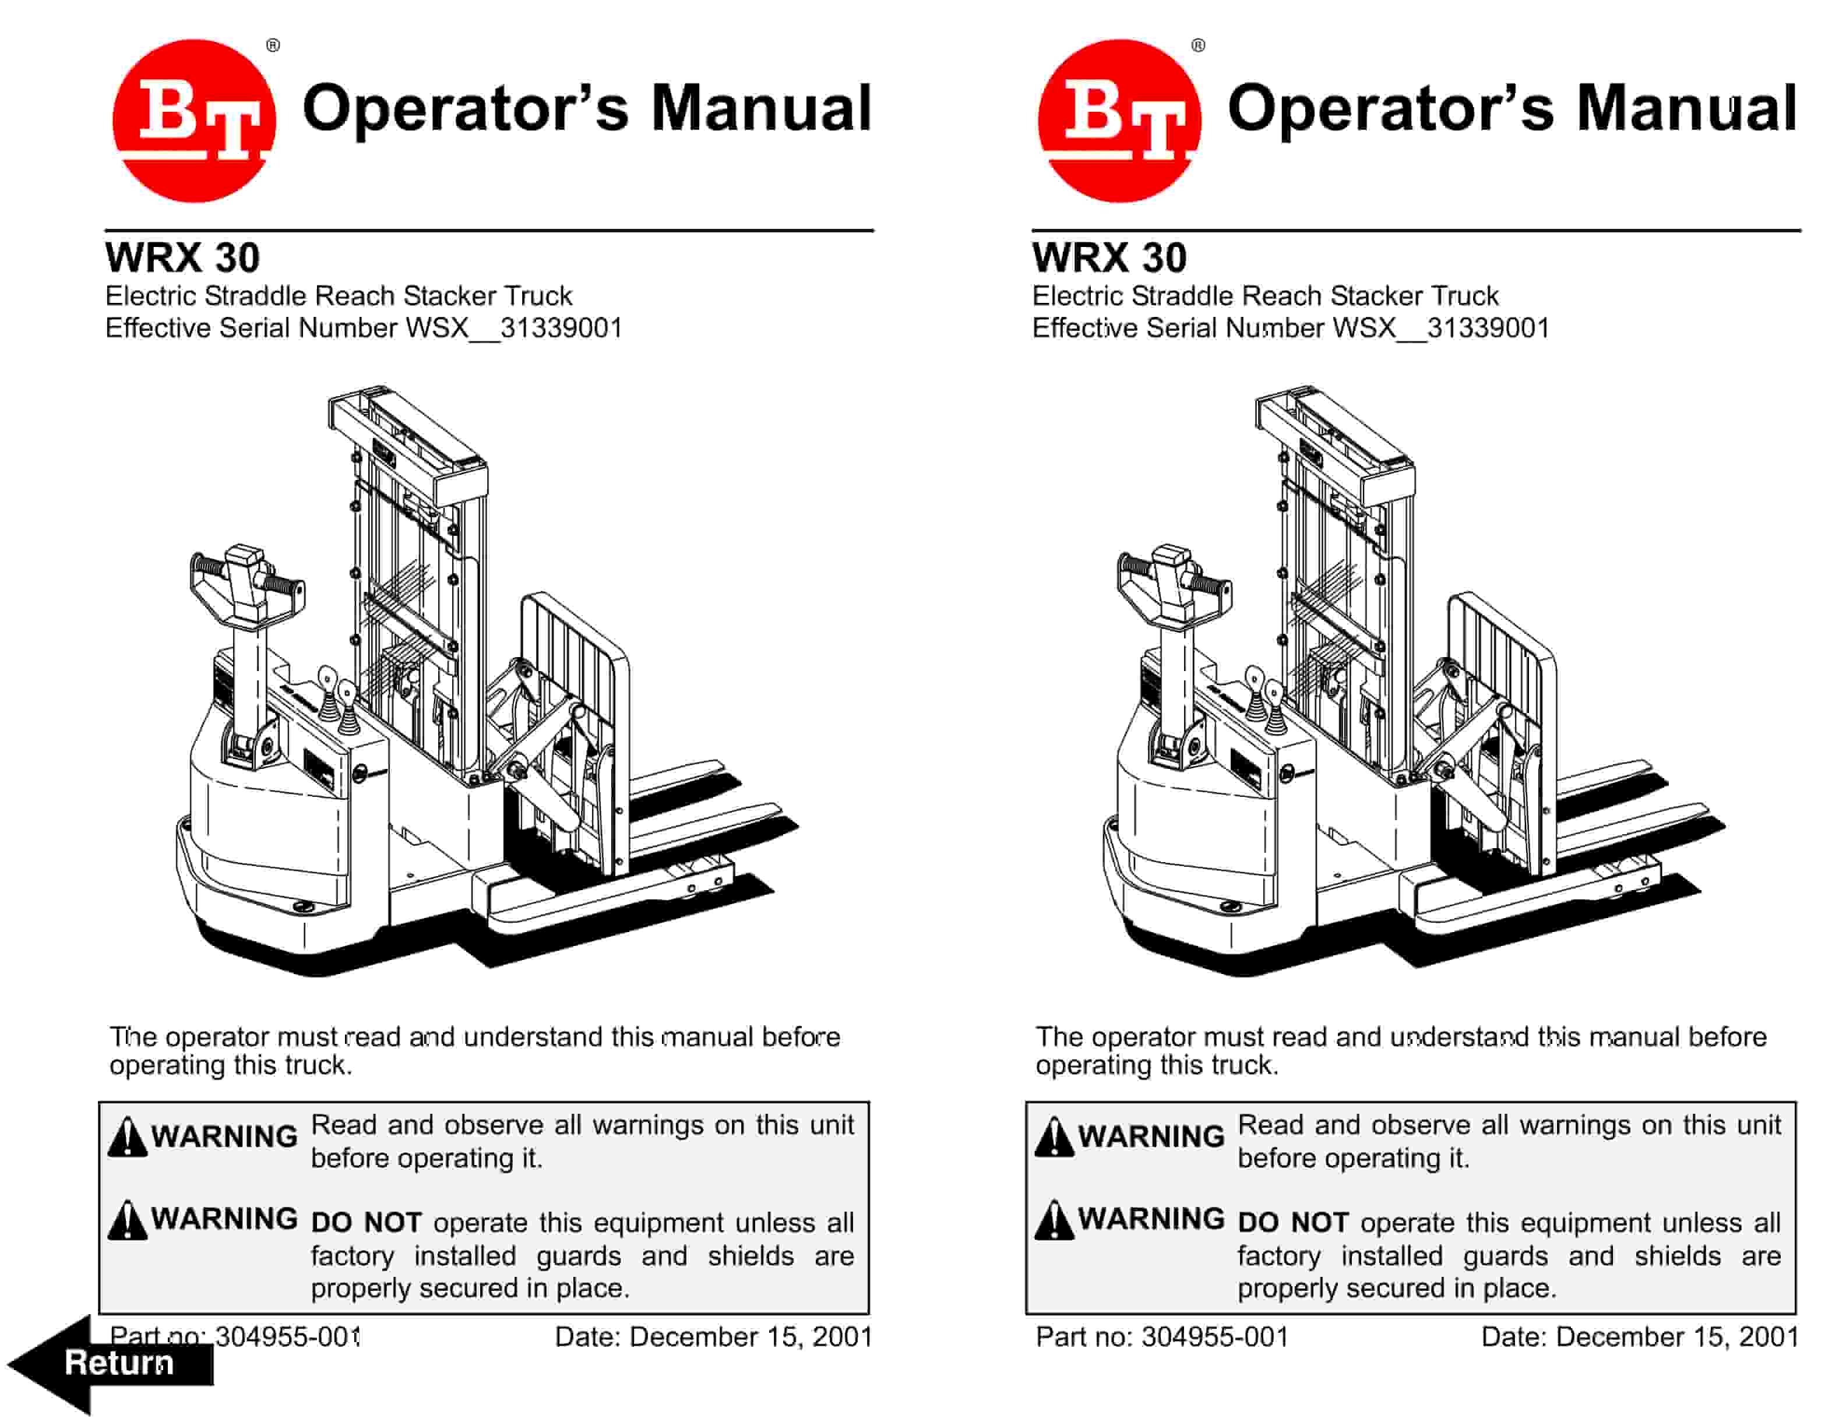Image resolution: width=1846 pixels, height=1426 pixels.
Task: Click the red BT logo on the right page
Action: (x=1119, y=120)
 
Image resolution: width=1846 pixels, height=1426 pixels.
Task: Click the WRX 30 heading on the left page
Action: (x=182, y=257)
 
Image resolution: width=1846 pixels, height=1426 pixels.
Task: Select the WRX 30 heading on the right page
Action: (x=1109, y=257)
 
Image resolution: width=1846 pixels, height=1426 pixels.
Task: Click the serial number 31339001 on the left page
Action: (x=561, y=328)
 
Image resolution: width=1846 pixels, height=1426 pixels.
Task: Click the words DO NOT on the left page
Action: (x=366, y=1222)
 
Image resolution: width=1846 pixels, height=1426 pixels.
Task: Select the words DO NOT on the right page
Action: (x=1292, y=1222)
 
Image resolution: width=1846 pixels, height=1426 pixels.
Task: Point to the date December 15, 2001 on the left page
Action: (x=751, y=1336)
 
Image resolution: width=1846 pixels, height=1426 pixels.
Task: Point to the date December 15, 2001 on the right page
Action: (x=1677, y=1336)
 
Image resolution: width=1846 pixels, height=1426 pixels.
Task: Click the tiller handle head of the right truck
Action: (x=1173, y=583)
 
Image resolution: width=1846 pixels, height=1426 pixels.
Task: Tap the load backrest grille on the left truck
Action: (x=575, y=676)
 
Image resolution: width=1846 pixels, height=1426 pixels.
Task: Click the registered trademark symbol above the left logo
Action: (x=273, y=45)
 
